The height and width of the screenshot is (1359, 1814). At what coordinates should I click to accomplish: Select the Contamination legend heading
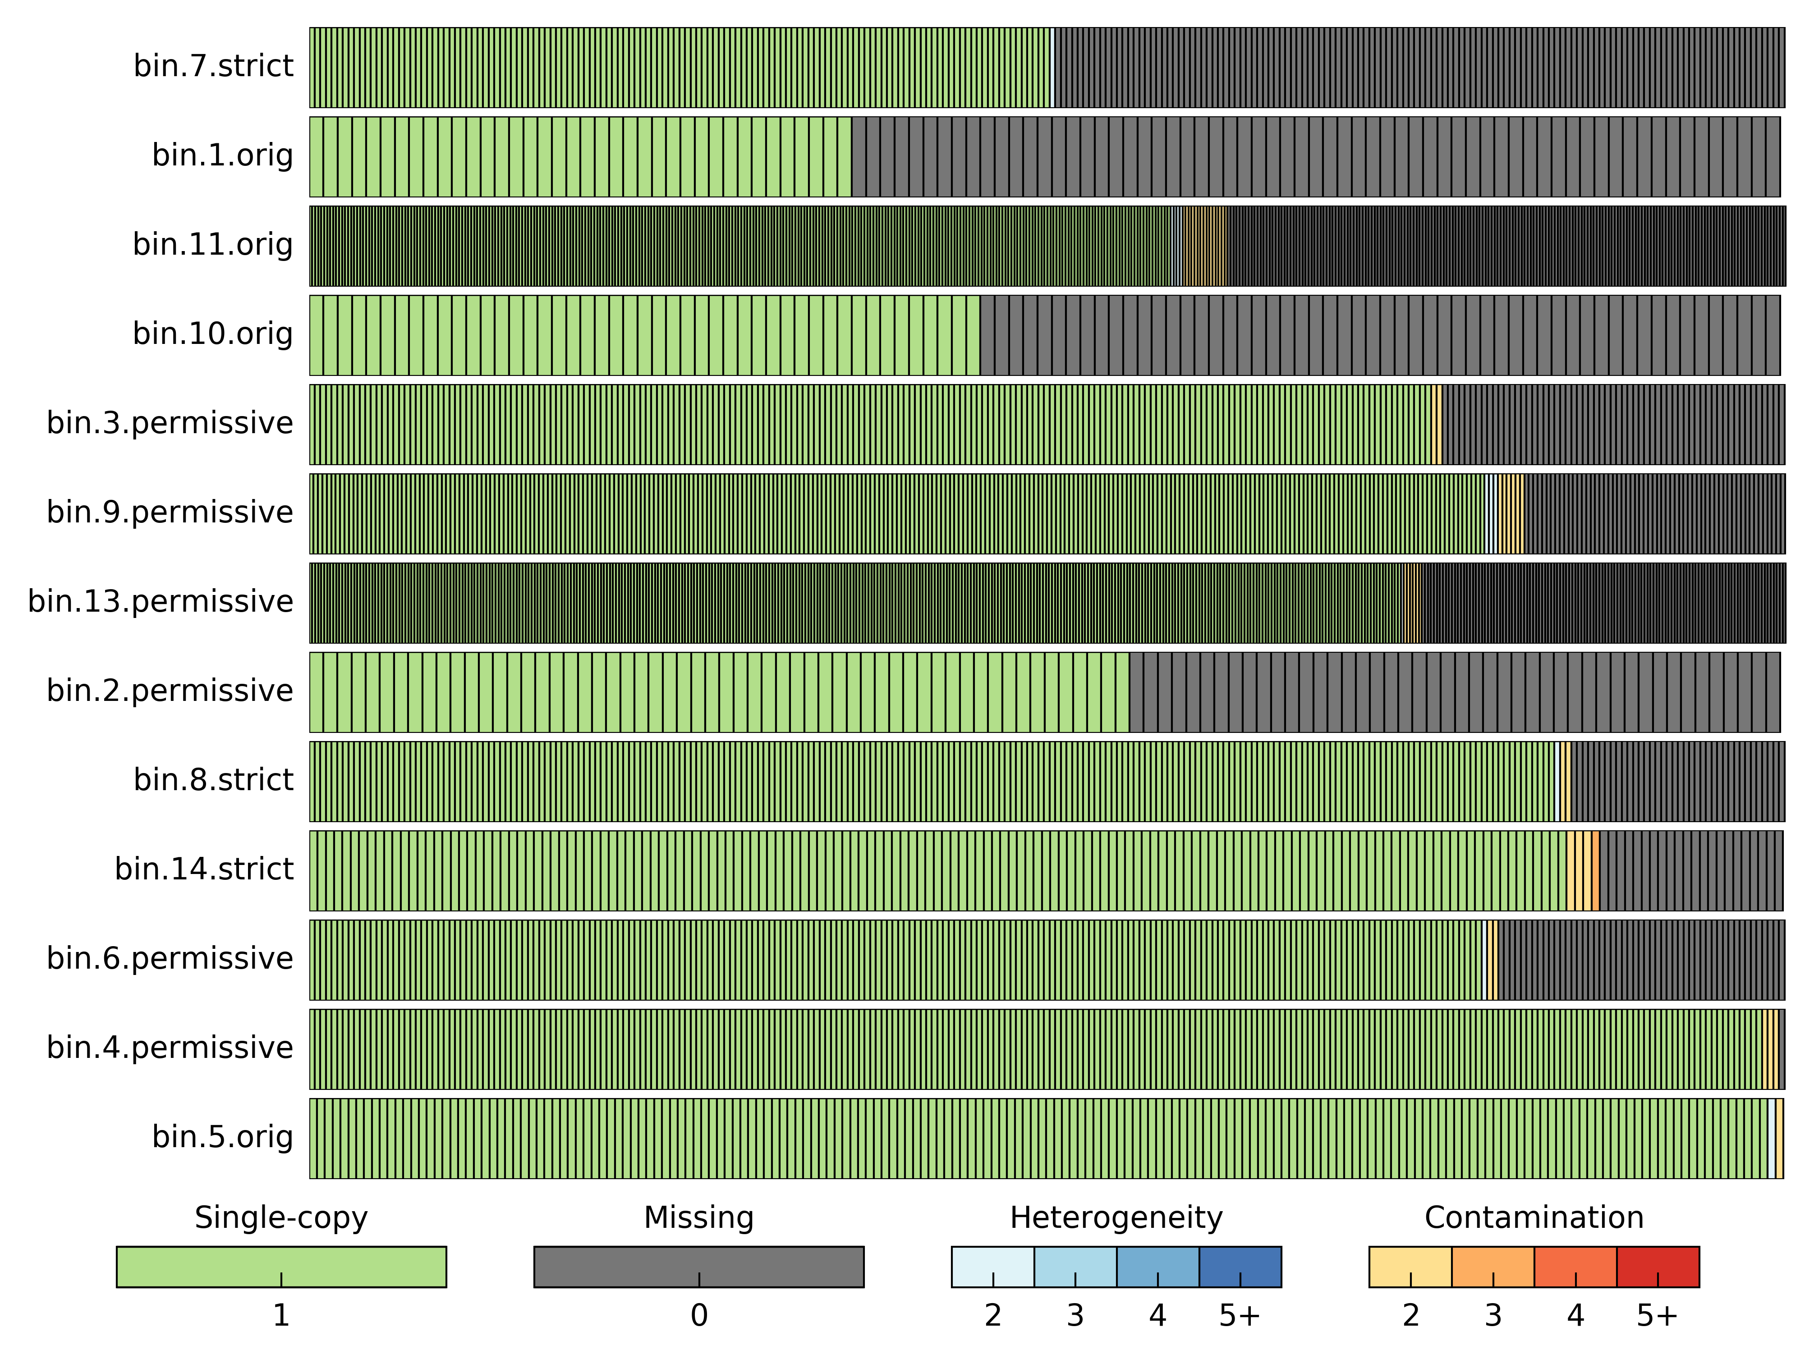pos(1534,1218)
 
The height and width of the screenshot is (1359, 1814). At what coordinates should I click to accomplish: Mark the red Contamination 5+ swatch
pos(1658,1267)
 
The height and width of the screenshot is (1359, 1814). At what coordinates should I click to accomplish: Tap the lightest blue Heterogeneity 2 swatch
pos(992,1267)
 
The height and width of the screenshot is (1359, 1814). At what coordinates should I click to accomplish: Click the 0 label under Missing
pos(699,1316)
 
